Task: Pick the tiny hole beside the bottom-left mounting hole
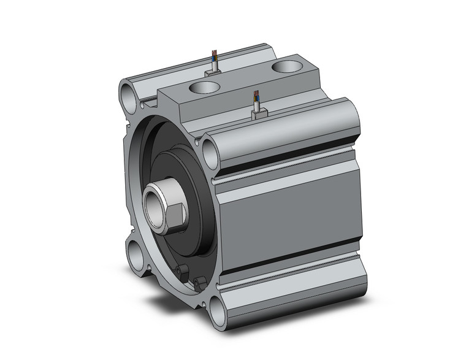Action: click(148, 267)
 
